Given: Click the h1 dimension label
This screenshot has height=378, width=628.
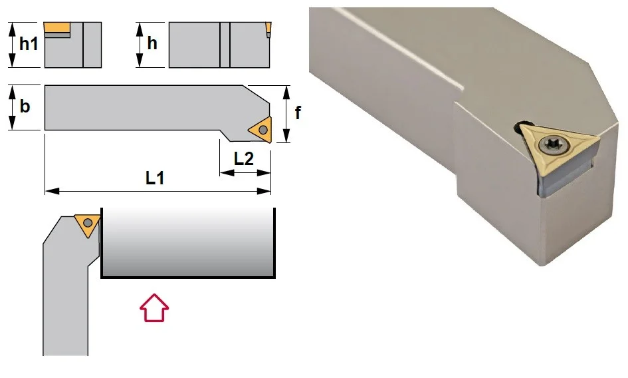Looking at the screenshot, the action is pos(29,43).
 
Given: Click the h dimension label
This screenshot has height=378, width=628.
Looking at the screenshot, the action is pos(152,43).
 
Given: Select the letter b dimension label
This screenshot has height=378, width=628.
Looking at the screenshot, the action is pos(25,106).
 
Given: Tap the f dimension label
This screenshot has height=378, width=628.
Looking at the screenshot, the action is pos(298,112).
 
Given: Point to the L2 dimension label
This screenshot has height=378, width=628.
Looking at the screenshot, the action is pos(243,159).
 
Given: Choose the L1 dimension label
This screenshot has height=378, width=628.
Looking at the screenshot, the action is pos(155,178).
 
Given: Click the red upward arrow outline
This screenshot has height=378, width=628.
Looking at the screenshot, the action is pos(154,307).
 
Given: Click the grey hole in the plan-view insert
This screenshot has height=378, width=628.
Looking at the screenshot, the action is pos(263,130).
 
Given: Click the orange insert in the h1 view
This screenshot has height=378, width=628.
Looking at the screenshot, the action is pos(57,28).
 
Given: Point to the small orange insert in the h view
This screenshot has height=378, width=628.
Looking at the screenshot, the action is pos(268,28).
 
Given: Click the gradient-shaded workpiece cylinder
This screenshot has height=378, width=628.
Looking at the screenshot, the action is pos(188,242).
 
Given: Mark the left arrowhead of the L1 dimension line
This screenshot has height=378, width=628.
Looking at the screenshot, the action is pos(52,191).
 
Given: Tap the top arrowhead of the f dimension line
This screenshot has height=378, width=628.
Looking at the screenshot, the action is pos(286,93).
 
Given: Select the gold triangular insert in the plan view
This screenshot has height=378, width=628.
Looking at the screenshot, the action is pos(261,130).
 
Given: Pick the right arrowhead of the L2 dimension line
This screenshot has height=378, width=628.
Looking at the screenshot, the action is pos(264,173).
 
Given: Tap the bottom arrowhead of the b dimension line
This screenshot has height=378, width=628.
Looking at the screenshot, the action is pos(13,123).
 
